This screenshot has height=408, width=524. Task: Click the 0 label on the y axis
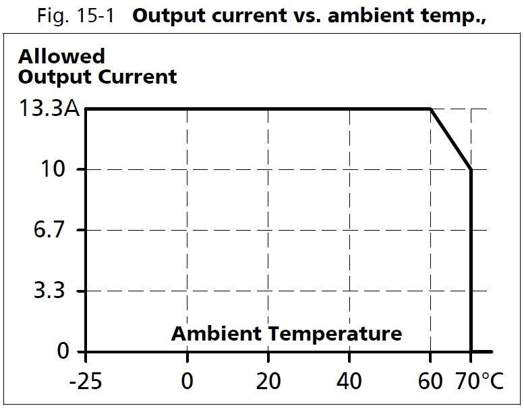(x=63, y=351)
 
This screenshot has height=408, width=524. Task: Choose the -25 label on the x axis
(x=86, y=382)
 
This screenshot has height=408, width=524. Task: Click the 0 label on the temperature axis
(x=187, y=382)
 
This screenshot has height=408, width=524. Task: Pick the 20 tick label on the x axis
(x=268, y=382)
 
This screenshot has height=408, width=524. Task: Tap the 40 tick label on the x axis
(x=349, y=382)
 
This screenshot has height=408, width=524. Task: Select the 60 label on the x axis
(x=430, y=382)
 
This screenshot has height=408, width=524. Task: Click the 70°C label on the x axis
(x=478, y=382)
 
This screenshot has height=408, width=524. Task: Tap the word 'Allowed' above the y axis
(x=61, y=56)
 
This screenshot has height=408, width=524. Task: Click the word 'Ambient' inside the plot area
(x=215, y=333)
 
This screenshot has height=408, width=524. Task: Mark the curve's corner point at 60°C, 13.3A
(x=430, y=108)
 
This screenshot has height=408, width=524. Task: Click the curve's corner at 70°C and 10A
(x=471, y=169)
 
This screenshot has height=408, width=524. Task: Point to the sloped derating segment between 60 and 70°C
(x=450, y=138)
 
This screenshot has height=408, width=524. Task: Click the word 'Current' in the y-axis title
(x=138, y=76)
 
